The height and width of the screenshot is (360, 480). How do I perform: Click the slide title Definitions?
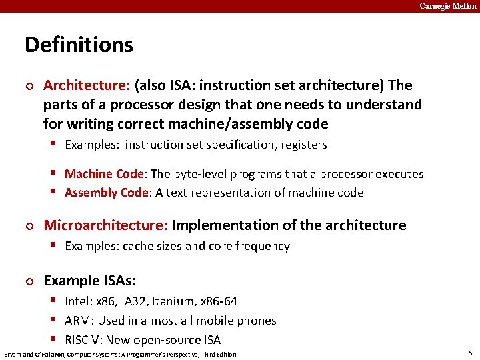pos(79,45)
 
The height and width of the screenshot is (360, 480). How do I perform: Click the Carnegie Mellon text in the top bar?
pos(448,6)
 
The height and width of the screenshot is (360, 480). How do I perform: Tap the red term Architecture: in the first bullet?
pos(87,85)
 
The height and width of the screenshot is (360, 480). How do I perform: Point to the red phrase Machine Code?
pos(104,174)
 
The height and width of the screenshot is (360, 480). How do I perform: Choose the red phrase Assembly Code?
pos(106,193)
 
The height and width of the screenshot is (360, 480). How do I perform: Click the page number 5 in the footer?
pos(470,353)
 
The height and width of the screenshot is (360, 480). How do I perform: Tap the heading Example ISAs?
pos(89,281)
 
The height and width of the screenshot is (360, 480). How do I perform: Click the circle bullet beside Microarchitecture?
pos(28,226)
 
